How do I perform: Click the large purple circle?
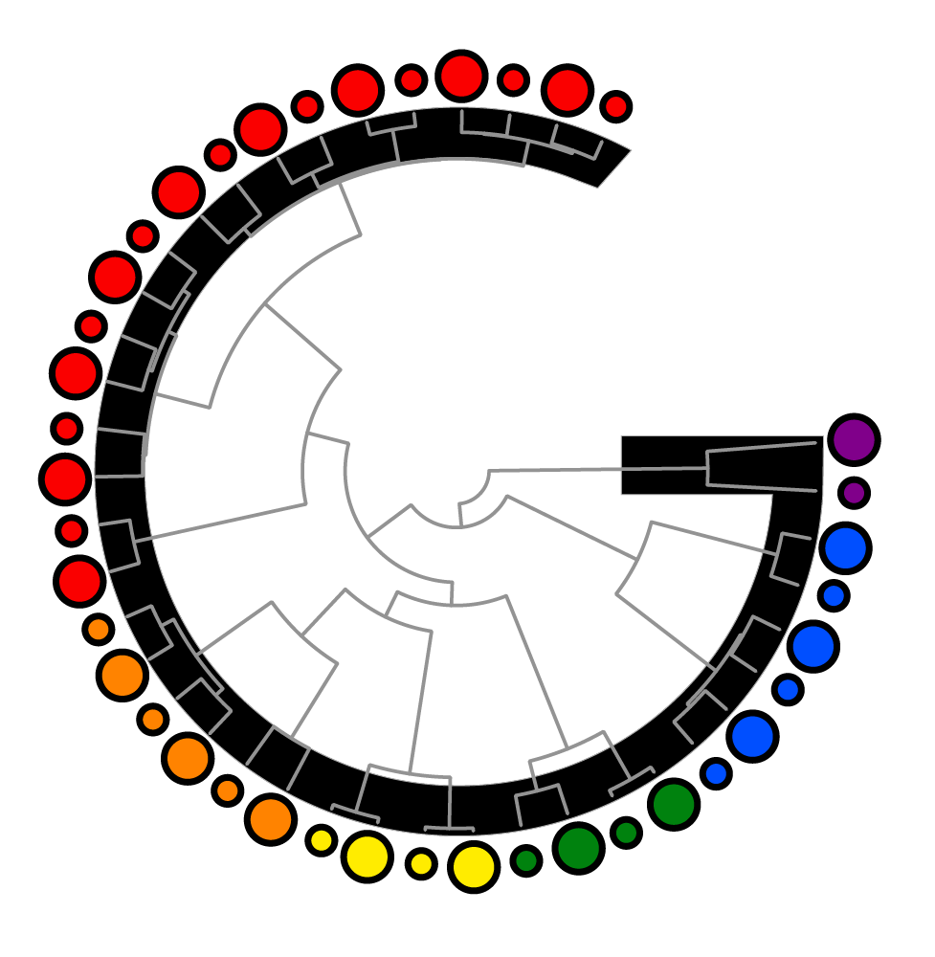pos(854,439)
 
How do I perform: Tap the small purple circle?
pos(854,493)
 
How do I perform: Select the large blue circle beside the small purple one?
pos(844,548)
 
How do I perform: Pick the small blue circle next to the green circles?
pos(716,772)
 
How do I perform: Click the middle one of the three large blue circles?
pos(813,646)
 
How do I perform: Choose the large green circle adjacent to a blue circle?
pos(674,804)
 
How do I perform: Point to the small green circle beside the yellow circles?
pos(525,860)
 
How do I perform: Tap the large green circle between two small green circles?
pos(578,848)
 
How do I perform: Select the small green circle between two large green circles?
pos(626,833)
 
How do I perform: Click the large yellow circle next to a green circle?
pos(474,866)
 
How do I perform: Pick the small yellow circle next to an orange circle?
pos(322,840)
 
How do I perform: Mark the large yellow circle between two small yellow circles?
pos(367,857)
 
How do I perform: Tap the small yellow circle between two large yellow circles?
pos(420,863)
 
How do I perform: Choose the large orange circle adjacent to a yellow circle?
pos(270,819)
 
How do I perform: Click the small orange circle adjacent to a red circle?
pos(99,629)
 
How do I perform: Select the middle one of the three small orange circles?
pos(153,718)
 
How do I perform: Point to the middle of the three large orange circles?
pos(188,758)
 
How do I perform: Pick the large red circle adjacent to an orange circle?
pos(79,580)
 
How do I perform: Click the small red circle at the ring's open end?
pos(616,106)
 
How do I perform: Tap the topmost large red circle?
pos(461,76)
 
